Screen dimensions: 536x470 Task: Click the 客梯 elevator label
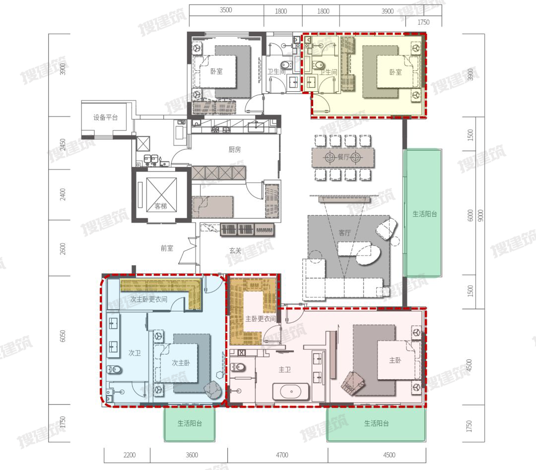pos(161,206)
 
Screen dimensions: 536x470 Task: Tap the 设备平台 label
pos(106,117)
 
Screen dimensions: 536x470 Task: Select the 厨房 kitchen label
pos(234,150)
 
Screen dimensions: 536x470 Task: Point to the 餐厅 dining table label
pos(343,157)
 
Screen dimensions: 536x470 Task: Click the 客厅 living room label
pos(344,233)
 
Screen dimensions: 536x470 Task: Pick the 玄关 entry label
pos(235,251)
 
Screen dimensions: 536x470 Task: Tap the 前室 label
pos(167,248)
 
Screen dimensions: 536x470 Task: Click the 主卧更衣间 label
pos(261,319)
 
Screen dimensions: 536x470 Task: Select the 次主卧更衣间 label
pos(149,299)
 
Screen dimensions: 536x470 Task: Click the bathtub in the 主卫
pos(291,392)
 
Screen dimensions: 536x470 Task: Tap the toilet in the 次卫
pos(115,370)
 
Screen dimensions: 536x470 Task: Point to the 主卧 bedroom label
pos(395,360)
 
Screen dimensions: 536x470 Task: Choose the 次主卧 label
pos(181,363)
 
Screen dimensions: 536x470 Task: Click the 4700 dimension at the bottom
pos(282,455)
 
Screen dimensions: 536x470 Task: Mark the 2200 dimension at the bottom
pos(130,455)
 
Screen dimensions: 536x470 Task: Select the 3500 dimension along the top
pos(226,10)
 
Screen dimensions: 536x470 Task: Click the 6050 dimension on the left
pos(63,336)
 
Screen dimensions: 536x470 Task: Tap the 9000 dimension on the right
pos(480,215)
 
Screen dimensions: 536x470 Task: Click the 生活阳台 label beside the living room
pos(424,214)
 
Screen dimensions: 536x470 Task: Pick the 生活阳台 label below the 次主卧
pos(190,423)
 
